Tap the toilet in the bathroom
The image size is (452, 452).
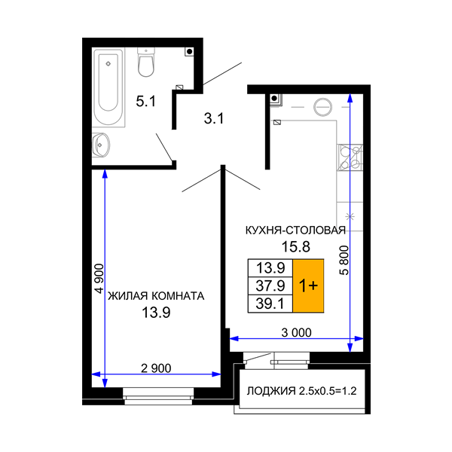[146, 63]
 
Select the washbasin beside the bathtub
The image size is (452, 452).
[101, 145]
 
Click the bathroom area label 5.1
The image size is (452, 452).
[146, 101]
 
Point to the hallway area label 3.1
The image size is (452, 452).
[214, 118]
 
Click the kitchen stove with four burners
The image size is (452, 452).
[350, 157]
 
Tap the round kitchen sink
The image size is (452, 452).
[322, 107]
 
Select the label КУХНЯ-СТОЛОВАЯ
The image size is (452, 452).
[295, 231]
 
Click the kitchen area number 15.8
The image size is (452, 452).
[296, 247]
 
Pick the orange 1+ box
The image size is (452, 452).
[308, 286]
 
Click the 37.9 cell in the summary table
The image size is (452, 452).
[270, 286]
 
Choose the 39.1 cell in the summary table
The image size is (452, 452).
[270, 304]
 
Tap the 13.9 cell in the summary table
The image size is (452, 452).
[270, 268]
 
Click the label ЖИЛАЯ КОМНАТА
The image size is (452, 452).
[156, 296]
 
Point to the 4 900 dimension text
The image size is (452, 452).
[99, 279]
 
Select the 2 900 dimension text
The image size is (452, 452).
[156, 368]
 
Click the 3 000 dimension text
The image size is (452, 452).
[296, 333]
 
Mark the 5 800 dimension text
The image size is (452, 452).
[344, 261]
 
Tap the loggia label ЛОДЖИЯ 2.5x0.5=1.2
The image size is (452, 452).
[302, 391]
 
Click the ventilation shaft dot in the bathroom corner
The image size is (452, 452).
[189, 52]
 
